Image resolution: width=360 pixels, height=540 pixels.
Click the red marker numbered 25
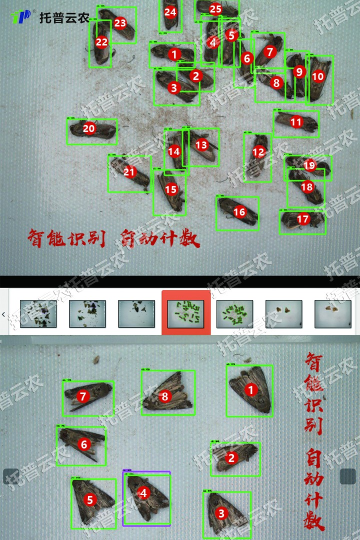(215, 9)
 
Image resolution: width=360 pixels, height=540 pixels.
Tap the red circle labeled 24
(170, 12)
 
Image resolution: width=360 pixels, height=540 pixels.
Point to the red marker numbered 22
(101, 42)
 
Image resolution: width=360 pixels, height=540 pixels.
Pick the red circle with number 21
(129, 172)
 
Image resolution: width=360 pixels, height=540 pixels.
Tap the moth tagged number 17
(302, 220)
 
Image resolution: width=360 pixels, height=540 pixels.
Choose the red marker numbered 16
(239, 212)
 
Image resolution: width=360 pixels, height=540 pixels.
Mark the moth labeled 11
(296, 122)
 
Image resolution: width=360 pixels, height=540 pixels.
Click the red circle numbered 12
(258, 152)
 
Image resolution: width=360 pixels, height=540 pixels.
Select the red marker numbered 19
(309, 165)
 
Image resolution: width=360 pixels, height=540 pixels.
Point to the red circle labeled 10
(318, 76)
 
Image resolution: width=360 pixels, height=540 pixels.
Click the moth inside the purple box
(146, 498)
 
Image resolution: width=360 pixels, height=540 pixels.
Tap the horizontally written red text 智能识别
(66, 238)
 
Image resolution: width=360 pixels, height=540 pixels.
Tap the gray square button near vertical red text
(347, 476)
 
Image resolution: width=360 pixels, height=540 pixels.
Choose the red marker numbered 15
(171, 189)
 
